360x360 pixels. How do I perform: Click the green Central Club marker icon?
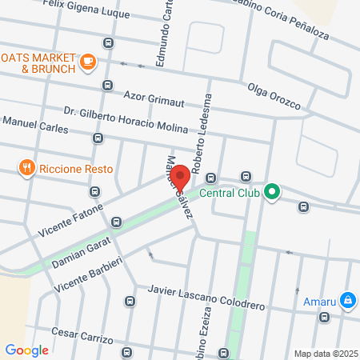(272, 191)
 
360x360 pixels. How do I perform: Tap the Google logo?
(26, 350)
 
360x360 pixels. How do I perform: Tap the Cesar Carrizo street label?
(82, 336)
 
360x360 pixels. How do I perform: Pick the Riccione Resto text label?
(77, 169)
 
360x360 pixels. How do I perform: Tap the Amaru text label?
(320, 302)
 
